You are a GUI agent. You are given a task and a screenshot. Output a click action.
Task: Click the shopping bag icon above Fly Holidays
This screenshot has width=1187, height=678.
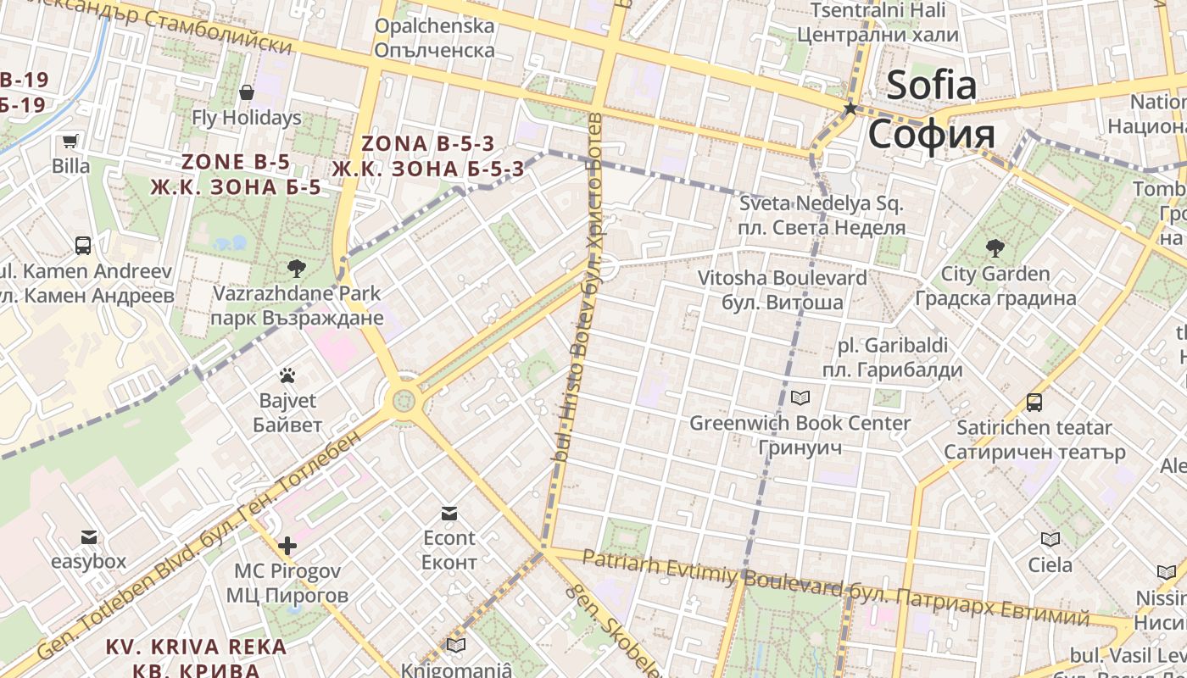(247, 92)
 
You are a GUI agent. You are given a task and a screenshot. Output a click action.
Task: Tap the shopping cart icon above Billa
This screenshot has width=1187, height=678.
(70, 141)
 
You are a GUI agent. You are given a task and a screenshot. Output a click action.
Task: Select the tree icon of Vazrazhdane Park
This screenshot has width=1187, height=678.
(296, 269)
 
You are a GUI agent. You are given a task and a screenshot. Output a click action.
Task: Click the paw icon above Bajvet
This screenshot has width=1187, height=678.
(287, 375)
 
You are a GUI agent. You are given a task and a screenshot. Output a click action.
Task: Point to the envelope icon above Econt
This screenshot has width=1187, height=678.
(449, 513)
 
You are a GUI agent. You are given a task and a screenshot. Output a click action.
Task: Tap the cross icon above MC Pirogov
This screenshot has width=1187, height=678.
(287, 545)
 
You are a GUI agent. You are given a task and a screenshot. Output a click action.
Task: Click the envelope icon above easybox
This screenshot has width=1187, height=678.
(89, 536)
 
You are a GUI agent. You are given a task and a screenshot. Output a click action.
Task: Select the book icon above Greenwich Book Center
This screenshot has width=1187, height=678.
(800, 397)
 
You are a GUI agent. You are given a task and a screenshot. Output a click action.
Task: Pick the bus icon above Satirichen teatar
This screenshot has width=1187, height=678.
(1034, 402)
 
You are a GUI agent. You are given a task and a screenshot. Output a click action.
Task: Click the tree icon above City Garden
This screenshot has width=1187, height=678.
(995, 248)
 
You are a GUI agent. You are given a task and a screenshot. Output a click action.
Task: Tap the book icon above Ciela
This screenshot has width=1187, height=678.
(1050, 539)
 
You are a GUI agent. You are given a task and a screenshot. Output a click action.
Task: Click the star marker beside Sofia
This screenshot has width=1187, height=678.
(850, 108)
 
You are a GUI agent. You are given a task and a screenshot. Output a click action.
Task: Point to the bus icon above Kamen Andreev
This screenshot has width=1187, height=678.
(83, 246)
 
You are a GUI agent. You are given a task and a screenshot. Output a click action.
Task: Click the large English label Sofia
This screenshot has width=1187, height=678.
(932, 85)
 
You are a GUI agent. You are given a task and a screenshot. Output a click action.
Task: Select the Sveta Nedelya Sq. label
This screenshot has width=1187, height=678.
(822, 203)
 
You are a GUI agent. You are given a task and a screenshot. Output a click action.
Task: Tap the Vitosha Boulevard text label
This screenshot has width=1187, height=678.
(782, 278)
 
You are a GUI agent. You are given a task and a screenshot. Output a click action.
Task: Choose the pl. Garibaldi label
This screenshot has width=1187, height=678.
(893, 346)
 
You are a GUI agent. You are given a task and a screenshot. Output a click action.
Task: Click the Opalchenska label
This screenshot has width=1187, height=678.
(434, 26)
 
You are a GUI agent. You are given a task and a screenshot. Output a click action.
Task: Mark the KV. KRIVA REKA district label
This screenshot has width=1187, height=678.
(196, 647)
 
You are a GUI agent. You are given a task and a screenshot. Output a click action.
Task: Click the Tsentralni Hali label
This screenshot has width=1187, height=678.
(878, 10)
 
